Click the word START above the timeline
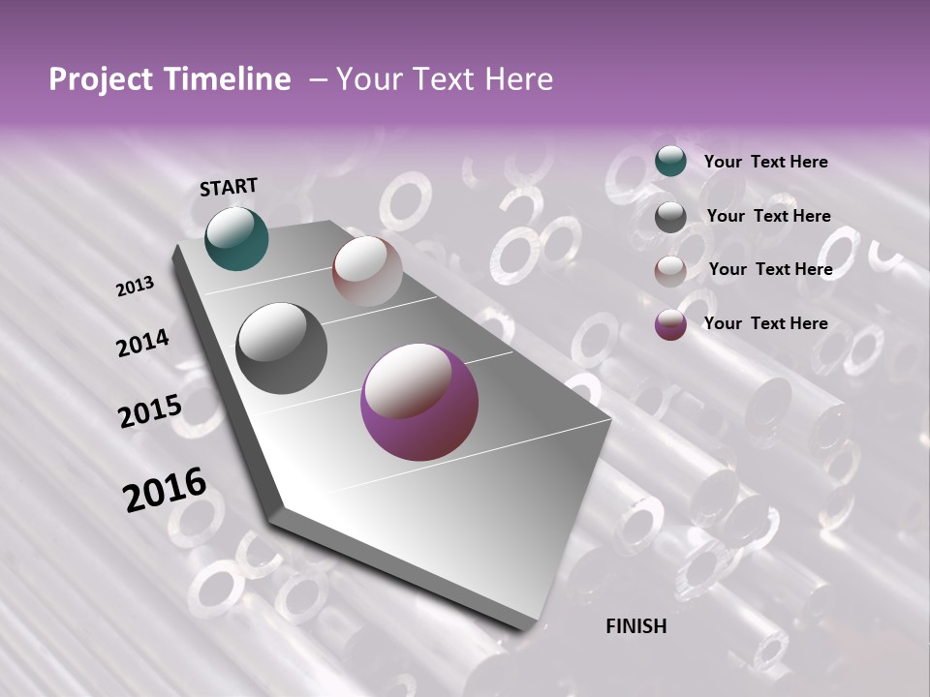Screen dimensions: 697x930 click(x=229, y=187)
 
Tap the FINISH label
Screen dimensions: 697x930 click(x=636, y=626)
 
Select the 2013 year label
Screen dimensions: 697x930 click(x=135, y=286)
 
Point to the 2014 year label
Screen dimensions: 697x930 click(x=143, y=344)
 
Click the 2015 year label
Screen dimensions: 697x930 click(x=150, y=411)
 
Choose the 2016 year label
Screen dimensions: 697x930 click(x=165, y=489)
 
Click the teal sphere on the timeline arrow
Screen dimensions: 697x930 click(x=236, y=238)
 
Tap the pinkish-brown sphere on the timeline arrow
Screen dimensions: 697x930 click(x=367, y=271)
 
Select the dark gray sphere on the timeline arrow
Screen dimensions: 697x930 click(x=282, y=348)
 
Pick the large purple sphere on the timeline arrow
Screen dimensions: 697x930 click(x=419, y=403)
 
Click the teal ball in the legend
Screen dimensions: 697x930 click(x=670, y=161)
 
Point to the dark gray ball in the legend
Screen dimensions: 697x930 click(x=670, y=217)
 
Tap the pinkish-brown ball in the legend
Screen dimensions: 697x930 click(x=670, y=271)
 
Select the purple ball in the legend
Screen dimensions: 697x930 click(x=670, y=324)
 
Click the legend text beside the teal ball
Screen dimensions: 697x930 click(x=765, y=162)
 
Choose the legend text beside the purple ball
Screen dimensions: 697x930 click(x=765, y=323)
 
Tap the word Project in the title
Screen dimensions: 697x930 click(x=99, y=79)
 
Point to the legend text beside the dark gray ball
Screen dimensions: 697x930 click(x=768, y=216)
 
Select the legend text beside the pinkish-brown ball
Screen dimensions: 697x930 click(x=770, y=269)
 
